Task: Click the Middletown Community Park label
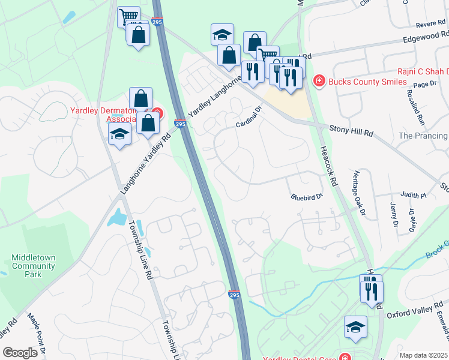[34, 265]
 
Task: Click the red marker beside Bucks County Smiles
[319, 81]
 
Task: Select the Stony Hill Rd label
[352, 128]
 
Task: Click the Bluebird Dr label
[307, 197]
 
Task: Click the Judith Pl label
[414, 195]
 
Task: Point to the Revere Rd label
[429, 25]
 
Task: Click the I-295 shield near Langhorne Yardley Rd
[179, 124]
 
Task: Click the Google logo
[20, 353]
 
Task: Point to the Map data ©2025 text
[423, 355]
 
